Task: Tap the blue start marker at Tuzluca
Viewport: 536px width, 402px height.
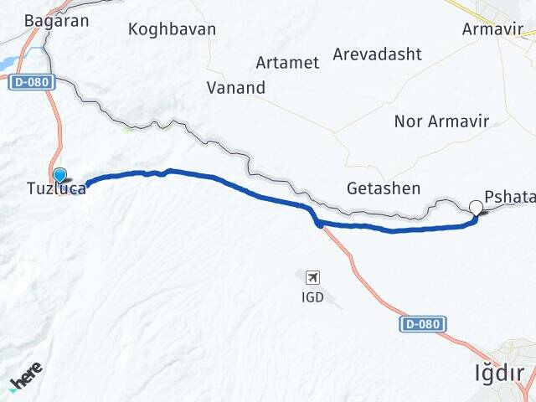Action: (59, 175)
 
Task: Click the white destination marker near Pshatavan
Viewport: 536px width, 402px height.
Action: (477, 208)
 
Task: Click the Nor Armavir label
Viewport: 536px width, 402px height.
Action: (441, 121)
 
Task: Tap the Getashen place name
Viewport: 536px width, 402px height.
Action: (384, 188)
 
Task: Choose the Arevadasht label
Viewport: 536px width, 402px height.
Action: (377, 54)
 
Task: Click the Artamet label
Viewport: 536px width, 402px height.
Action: (287, 63)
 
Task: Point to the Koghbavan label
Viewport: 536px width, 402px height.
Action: (172, 29)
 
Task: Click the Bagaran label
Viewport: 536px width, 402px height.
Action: (57, 21)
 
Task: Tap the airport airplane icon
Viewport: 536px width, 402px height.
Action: (313, 276)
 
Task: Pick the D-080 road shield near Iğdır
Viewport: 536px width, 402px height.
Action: (423, 323)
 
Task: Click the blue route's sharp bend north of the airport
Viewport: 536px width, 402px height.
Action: (317, 222)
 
